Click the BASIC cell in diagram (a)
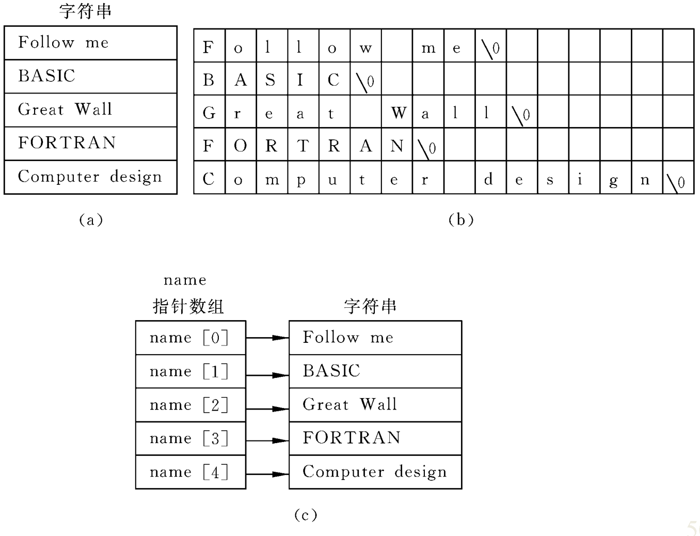tap(90, 76)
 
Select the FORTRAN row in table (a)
tap(90, 143)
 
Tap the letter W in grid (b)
tap(399, 113)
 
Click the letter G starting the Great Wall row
tap(209, 113)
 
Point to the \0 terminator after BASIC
tap(365, 83)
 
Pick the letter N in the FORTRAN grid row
tap(396, 146)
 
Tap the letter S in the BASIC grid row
tap(271, 80)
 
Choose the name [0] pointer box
tap(190, 338)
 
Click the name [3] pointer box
tap(190, 438)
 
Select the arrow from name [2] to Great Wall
tap(267, 409)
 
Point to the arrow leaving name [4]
tap(267, 474)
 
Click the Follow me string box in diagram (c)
tap(375, 338)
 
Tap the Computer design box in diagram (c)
tap(375, 472)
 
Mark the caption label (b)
tap(461, 220)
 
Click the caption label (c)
tap(306, 515)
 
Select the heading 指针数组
tap(188, 306)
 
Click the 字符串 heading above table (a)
tap(85, 11)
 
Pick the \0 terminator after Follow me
tap(490, 50)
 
